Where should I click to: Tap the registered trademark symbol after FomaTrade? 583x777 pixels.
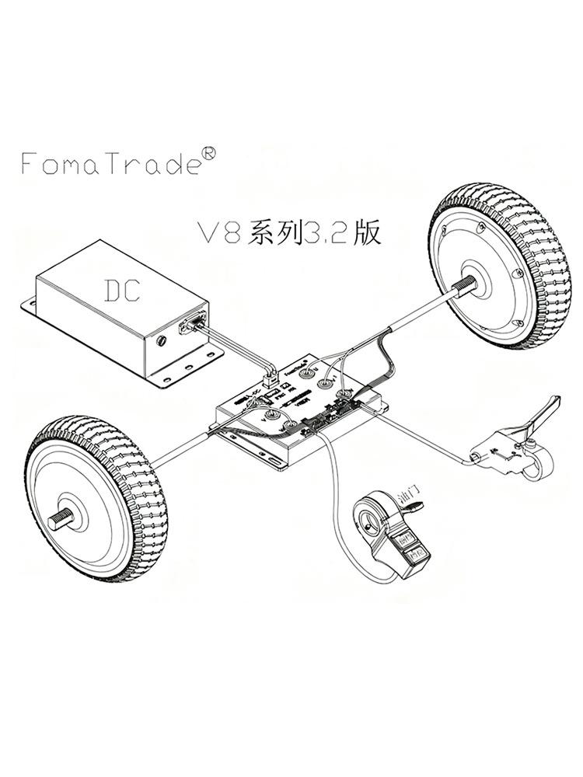(x=208, y=153)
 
